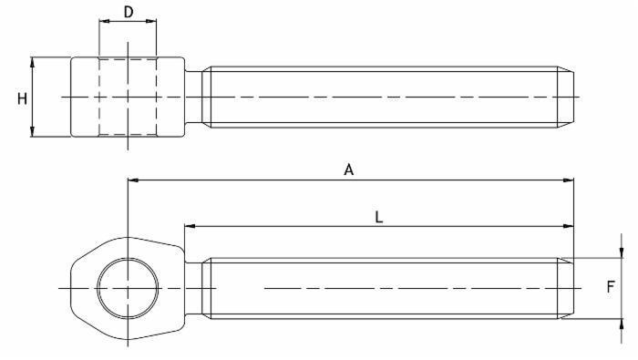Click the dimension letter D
tap(129, 12)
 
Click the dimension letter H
tap(22, 98)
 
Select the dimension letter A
tap(349, 170)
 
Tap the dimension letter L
tap(378, 217)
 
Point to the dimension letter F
tap(611, 287)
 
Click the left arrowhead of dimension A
tap(133, 180)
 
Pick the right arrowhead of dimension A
tap(569, 180)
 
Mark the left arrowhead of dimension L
tap(190, 226)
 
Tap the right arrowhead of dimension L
tap(569, 226)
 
